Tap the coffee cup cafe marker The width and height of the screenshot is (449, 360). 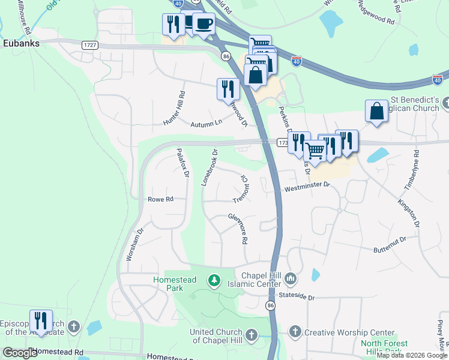[204, 23]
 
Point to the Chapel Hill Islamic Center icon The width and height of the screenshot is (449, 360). [291, 278]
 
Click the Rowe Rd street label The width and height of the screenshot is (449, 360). [160, 199]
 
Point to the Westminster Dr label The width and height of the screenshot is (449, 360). [308, 187]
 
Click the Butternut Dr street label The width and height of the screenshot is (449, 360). [390, 244]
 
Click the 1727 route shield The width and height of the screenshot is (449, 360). [91, 44]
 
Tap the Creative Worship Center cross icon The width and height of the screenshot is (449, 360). [295, 332]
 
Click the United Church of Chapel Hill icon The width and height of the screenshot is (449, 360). [251, 334]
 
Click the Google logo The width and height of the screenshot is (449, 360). [20, 353]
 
